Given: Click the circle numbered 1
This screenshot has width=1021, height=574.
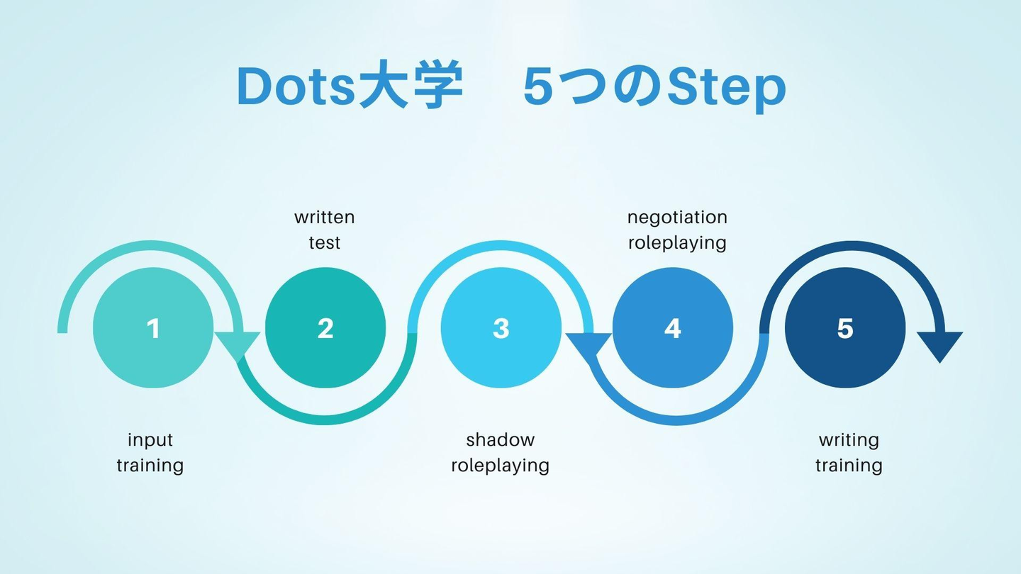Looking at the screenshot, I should [153, 328].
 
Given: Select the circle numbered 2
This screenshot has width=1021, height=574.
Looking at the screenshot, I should [325, 328].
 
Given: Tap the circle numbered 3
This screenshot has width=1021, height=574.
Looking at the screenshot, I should [501, 328].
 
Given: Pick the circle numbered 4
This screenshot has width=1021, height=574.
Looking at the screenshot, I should [672, 328].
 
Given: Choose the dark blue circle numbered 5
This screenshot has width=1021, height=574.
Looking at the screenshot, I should [844, 328].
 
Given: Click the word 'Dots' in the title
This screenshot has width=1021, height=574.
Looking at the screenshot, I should [295, 88].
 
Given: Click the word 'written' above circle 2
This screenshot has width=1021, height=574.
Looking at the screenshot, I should [324, 217].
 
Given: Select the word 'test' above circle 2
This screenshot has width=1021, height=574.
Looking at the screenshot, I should [324, 242].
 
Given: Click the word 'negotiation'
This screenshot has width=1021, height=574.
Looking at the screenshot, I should [677, 217].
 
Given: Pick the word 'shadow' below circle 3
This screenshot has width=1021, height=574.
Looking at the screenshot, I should [500, 440].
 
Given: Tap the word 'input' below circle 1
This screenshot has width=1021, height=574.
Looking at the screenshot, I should [150, 440].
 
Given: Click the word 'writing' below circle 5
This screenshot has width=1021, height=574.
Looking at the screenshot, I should [849, 440].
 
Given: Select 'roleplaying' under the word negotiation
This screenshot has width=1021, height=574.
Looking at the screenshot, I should [677, 243].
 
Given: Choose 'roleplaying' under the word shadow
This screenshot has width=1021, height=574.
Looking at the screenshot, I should [500, 466].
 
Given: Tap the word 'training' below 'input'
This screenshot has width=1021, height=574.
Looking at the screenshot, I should [150, 466].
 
